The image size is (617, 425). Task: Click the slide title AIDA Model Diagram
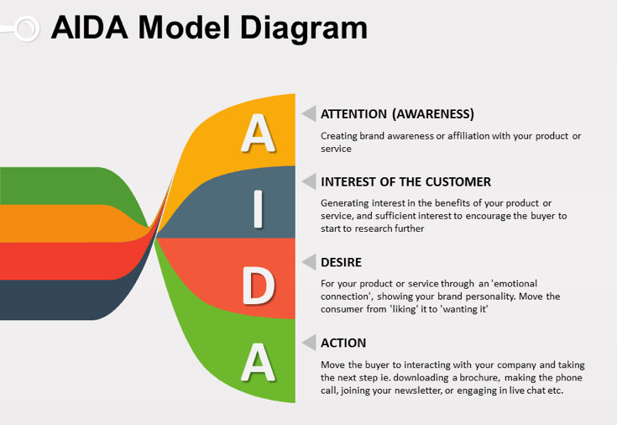pos(209,28)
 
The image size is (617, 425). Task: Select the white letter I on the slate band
pos(258,209)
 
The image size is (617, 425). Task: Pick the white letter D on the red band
pos(258,286)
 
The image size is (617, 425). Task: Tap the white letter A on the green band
pos(258,362)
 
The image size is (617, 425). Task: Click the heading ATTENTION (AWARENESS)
pos(397,114)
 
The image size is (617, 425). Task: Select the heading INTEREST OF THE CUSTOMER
pos(405,181)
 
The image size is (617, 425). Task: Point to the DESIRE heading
pos(342,262)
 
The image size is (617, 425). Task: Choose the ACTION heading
pos(343,343)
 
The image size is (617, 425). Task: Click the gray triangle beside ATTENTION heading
pos(309,114)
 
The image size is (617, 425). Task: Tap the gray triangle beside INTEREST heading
pos(309,181)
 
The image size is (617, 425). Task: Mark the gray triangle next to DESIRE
pos(309,262)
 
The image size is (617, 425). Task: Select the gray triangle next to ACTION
pos(309,343)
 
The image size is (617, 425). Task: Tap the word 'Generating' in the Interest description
pos(345,202)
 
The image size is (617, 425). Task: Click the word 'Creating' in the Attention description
pos(339,135)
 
